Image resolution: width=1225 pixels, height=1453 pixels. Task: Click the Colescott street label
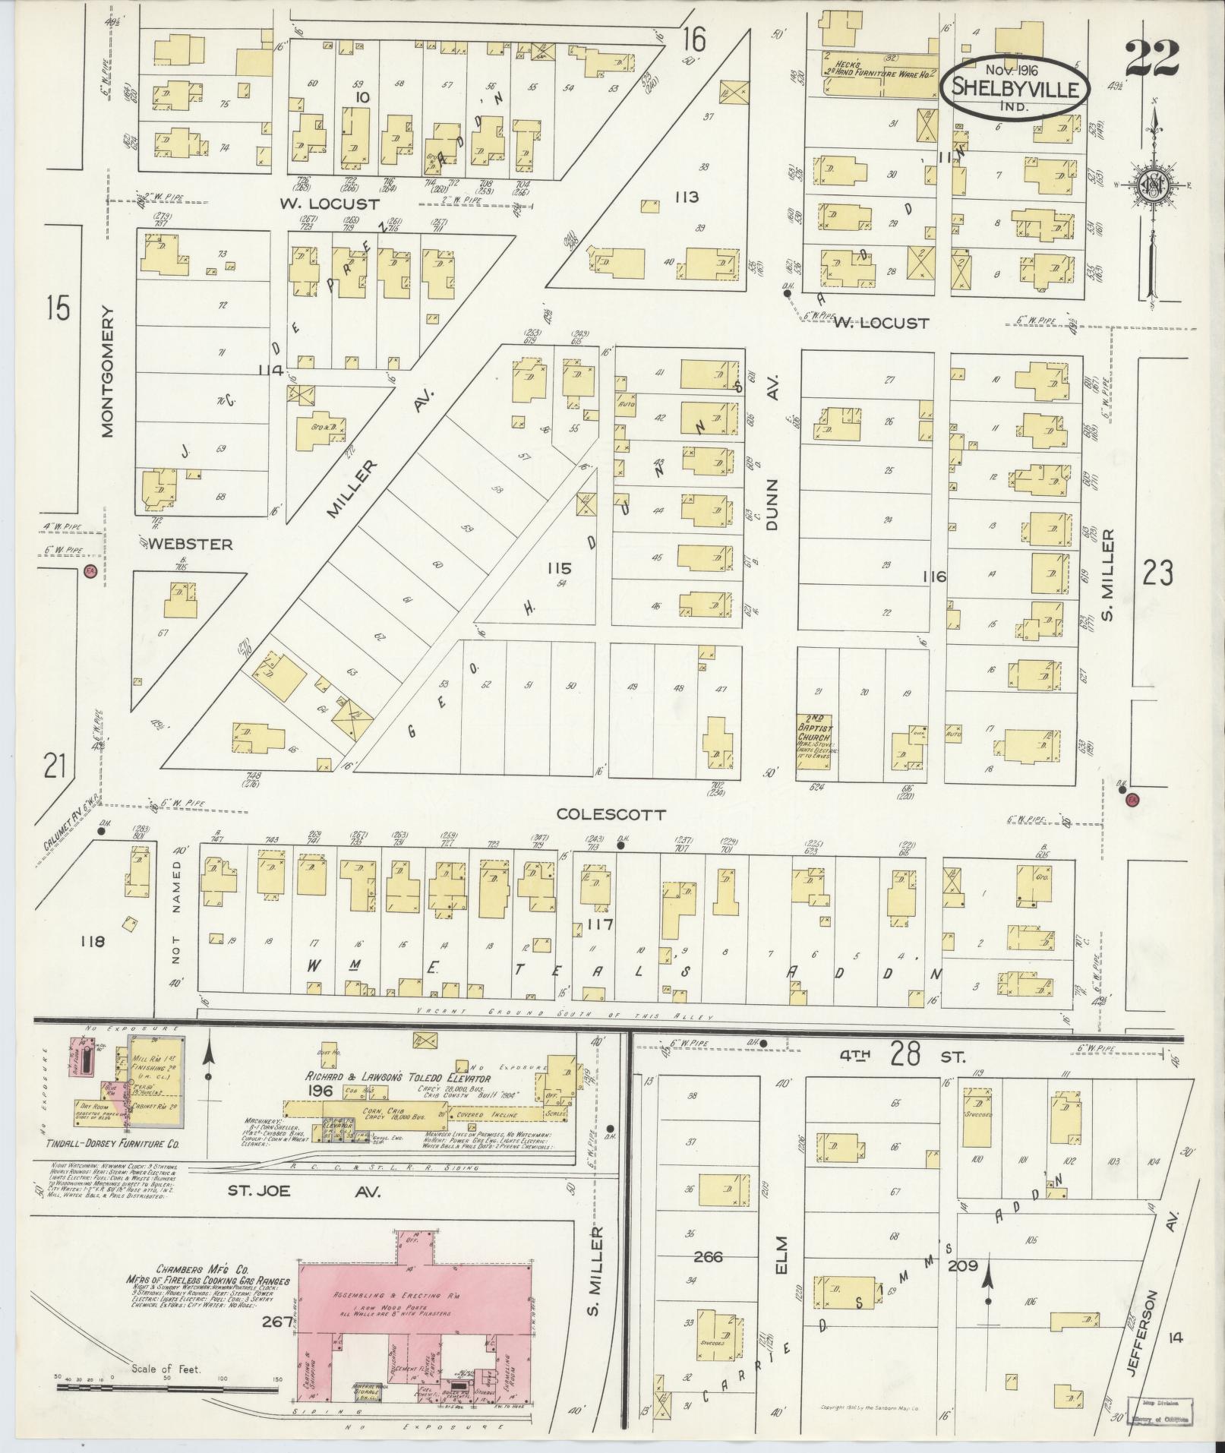point(611,814)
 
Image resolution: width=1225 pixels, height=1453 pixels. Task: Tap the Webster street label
point(190,544)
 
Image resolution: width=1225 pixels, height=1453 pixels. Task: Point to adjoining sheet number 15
point(57,309)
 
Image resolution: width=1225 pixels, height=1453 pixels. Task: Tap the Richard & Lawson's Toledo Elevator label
point(399,1077)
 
